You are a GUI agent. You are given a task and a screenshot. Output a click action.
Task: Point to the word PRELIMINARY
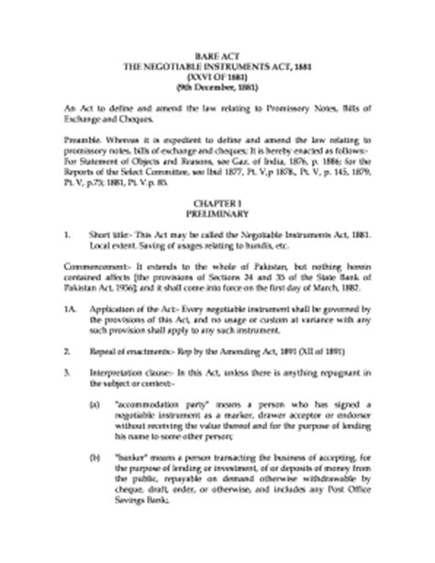click(218, 210)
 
